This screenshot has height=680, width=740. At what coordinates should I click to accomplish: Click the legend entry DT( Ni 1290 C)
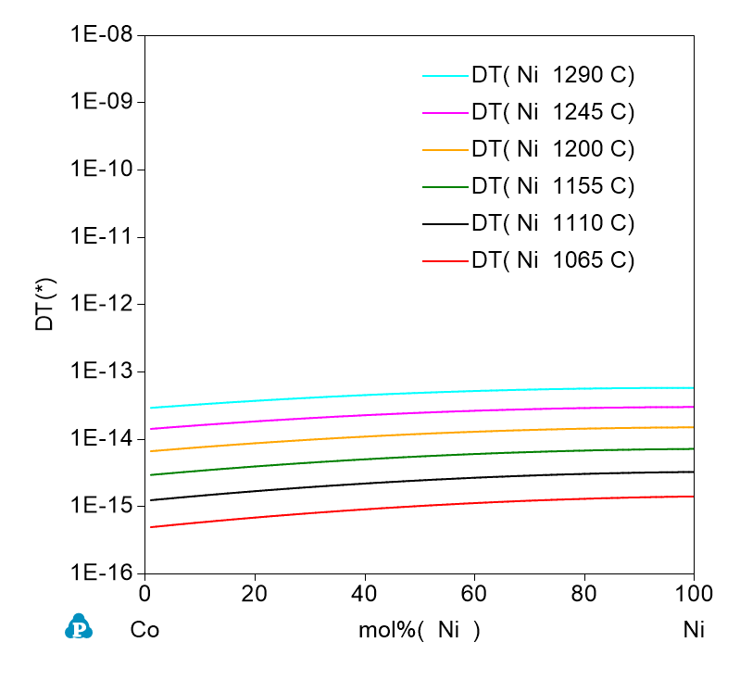point(552,76)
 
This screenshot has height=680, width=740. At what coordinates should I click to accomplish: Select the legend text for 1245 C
point(552,113)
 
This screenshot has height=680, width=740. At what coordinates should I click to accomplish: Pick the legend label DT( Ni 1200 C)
point(552,150)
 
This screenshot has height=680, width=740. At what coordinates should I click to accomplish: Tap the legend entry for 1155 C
point(552,186)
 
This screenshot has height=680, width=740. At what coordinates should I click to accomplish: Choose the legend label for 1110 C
point(552,223)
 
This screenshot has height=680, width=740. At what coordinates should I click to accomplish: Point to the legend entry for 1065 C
point(552,260)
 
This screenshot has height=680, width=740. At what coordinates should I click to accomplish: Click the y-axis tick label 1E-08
point(102,35)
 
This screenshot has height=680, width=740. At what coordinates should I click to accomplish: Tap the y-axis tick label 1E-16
point(102,573)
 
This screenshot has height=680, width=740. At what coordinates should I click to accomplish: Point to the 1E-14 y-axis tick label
point(102,439)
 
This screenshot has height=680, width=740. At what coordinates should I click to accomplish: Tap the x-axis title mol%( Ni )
point(420,631)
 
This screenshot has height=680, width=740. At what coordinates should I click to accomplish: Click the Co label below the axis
point(144,631)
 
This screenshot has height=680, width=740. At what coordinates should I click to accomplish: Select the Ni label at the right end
point(694,631)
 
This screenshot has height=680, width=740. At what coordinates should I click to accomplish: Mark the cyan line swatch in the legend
point(444,76)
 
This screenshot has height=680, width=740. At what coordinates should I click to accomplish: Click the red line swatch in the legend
point(444,261)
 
